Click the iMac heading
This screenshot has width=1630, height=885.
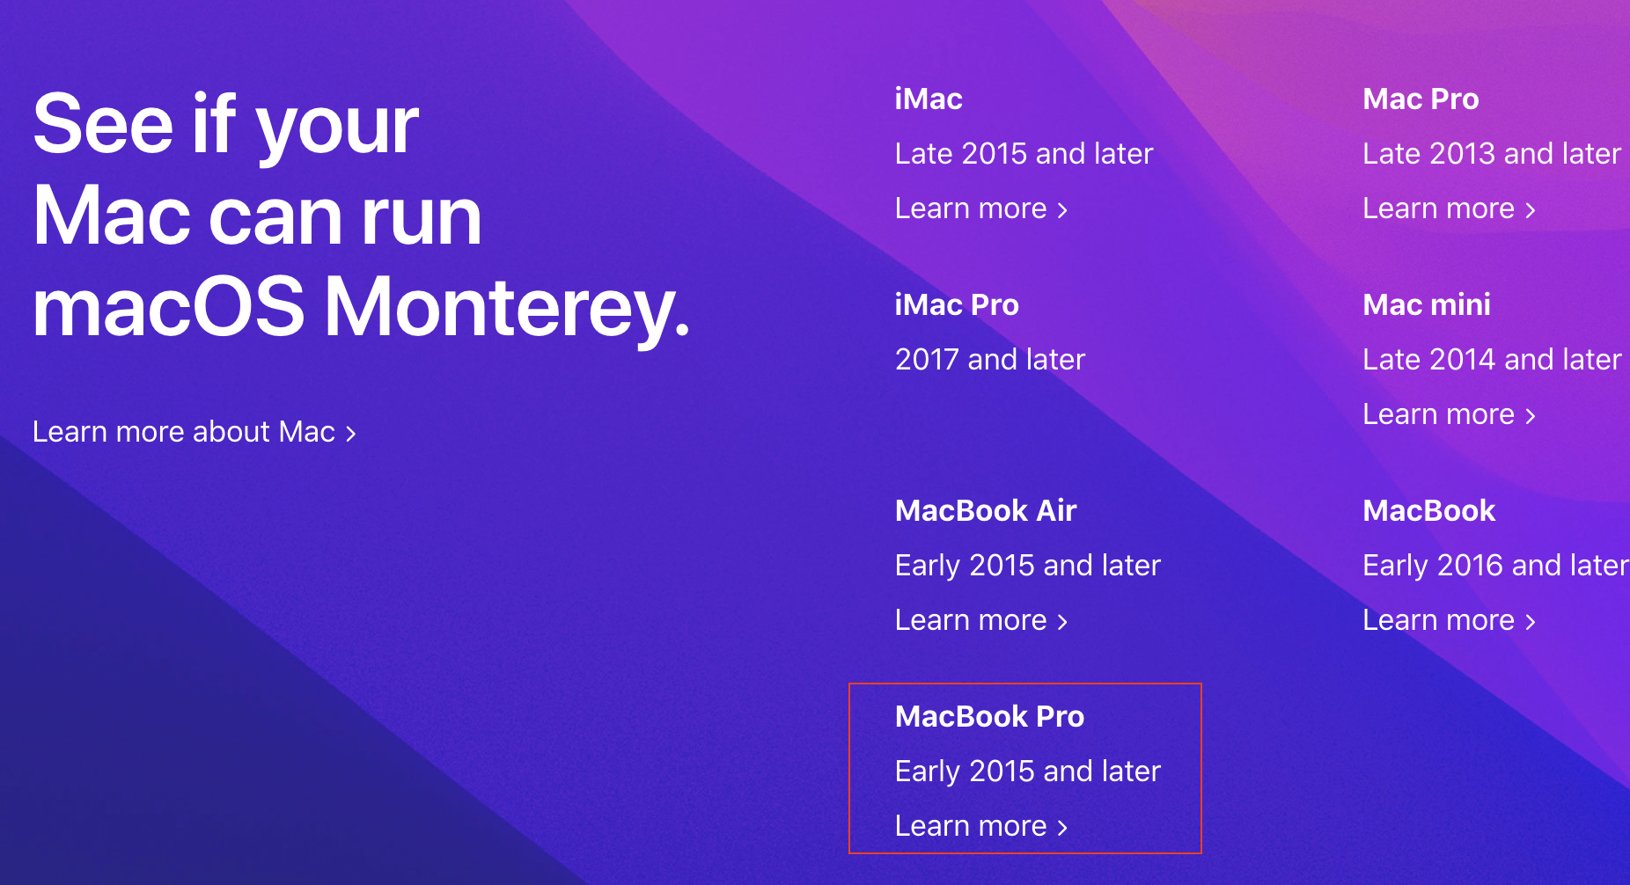coord(929,99)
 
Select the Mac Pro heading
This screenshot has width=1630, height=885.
coord(1421,99)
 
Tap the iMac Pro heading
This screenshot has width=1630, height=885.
coord(957,304)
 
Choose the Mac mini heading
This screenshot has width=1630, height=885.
coord(1427,304)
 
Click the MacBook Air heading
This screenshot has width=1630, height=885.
coord(986,510)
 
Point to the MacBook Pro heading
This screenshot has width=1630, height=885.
coord(989,716)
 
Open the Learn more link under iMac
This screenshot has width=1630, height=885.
coord(981,208)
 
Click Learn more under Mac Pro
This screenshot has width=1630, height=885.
coord(1450,208)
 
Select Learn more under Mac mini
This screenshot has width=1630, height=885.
coord(1450,414)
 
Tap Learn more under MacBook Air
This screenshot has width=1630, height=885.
coord(981,620)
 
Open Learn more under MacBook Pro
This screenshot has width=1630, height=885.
coord(981,826)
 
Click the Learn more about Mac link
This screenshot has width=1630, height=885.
coord(195,432)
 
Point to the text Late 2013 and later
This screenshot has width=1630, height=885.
coord(1492,154)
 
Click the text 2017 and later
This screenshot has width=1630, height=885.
coord(990,360)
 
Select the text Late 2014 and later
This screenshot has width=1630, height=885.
coord(1492,360)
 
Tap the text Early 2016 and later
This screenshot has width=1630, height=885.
coord(1495,566)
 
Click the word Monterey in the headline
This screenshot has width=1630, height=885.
coord(507,308)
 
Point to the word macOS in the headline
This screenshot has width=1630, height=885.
coord(169,308)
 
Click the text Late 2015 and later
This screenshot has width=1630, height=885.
coord(1024,154)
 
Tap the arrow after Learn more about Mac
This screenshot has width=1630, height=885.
coord(351,434)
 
